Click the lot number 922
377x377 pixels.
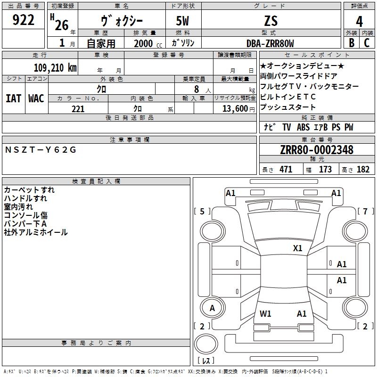point(23,20)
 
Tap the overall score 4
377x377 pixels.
point(359,22)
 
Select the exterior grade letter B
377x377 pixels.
point(352,43)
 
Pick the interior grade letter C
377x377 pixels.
point(367,43)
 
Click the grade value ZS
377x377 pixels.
point(271,21)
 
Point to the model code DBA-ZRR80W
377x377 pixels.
point(270,43)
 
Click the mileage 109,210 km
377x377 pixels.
point(55,68)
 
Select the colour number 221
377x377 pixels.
point(78,109)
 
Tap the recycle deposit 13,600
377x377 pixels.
point(235,109)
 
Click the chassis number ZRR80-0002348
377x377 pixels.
point(317,150)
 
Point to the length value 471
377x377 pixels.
point(286,170)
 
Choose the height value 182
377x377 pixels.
point(363,170)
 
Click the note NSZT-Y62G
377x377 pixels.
point(41,150)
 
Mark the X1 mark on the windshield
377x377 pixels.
point(297,248)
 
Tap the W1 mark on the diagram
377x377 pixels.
point(265,314)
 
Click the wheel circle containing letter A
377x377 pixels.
point(213,308)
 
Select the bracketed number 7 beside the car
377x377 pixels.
point(366,211)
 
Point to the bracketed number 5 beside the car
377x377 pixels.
point(202,211)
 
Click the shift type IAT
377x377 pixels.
point(13,98)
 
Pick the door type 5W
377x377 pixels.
point(182,21)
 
